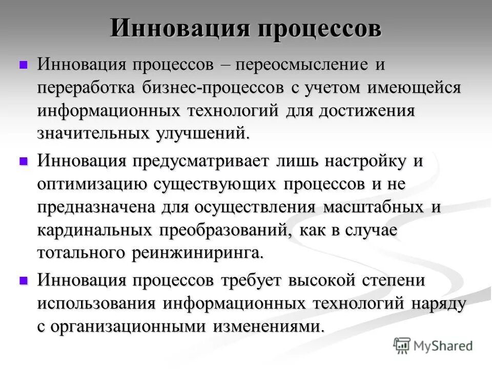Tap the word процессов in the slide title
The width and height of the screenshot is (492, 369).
point(316,29)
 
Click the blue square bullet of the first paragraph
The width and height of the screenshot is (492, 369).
point(23,65)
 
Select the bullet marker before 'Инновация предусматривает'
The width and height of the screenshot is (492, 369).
point(23,161)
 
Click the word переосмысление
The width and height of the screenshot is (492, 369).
point(300,65)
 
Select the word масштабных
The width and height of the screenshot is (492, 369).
point(375,207)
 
